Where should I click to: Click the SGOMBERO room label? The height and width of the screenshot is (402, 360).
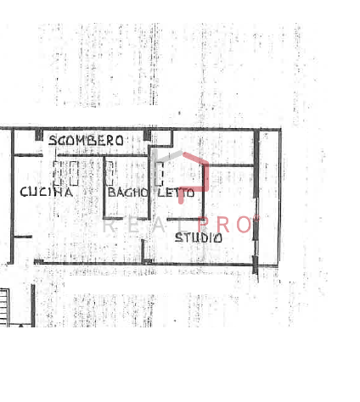[86, 140]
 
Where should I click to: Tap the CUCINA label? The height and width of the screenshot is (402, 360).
[47, 192]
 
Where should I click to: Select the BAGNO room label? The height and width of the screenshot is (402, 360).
[127, 193]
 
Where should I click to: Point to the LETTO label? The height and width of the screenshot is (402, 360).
[176, 193]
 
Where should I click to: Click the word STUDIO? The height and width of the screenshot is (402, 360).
[199, 237]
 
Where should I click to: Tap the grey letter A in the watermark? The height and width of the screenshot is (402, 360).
[158, 226]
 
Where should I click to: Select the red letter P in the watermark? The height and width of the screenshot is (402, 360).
[204, 225]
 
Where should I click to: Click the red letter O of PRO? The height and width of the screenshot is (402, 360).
[244, 225]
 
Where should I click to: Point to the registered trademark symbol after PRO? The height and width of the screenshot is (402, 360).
[256, 218]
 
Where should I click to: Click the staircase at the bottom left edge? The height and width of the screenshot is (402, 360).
[4, 307]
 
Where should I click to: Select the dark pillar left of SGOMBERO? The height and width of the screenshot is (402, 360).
[39, 135]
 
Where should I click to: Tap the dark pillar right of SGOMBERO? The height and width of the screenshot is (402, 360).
[147, 135]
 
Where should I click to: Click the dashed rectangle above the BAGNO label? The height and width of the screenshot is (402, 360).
[110, 174]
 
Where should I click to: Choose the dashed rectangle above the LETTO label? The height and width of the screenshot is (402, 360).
[159, 174]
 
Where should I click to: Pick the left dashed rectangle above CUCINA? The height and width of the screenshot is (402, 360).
[57, 173]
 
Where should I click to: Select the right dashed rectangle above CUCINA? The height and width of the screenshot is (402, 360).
[74, 173]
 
